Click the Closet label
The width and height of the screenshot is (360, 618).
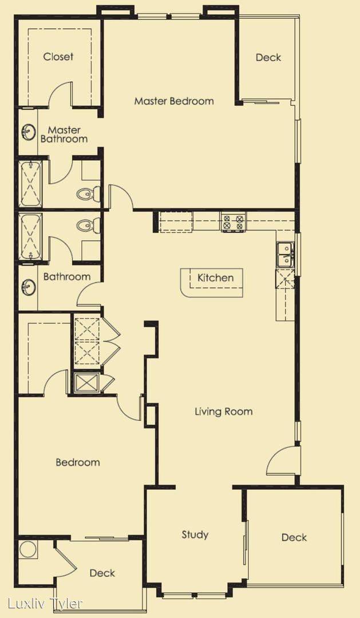(x=58, y=56)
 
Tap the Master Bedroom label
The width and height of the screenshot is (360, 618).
(x=174, y=101)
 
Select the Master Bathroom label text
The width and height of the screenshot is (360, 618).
(x=64, y=134)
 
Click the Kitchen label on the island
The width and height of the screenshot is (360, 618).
(x=215, y=278)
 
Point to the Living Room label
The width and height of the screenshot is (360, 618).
(x=224, y=411)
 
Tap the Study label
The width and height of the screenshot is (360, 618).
(x=195, y=534)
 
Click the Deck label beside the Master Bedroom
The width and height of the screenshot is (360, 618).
(x=268, y=57)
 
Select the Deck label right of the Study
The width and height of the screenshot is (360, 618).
(x=294, y=537)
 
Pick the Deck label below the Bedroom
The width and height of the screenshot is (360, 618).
(x=102, y=573)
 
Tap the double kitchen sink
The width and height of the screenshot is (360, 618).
(x=284, y=255)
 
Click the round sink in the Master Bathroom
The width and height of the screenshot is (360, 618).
(x=28, y=132)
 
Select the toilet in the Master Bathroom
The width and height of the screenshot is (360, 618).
(x=88, y=193)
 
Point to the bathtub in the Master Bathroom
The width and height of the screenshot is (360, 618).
(x=31, y=183)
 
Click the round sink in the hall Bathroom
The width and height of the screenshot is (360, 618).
(x=28, y=287)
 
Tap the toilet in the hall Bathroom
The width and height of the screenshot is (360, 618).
(x=88, y=226)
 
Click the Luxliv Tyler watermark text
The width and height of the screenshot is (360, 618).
(x=45, y=604)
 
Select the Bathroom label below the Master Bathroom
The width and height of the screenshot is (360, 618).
(x=66, y=277)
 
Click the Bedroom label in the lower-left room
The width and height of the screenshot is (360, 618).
(x=78, y=462)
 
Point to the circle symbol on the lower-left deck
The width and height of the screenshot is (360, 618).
(x=28, y=550)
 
